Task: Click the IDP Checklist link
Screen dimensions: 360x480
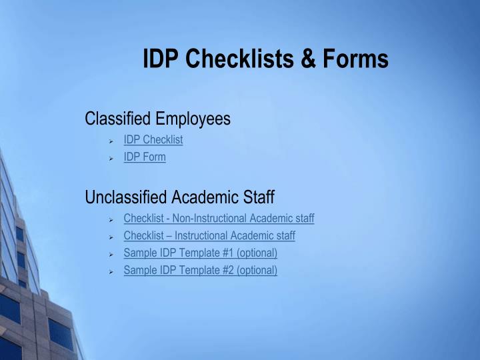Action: click(153, 139)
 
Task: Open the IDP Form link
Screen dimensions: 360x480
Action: click(145, 157)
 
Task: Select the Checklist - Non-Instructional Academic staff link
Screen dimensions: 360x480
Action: click(219, 218)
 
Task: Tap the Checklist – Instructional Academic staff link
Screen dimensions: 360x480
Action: click(209, 235)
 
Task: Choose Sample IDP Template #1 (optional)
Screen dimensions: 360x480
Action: click(200, 253)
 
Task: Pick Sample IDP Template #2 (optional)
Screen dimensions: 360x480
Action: click(200, 270)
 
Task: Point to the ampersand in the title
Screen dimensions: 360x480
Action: click(309, 59)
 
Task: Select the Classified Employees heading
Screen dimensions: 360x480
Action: click(157, 119)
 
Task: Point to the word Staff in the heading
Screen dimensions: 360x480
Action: click(259, 197)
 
